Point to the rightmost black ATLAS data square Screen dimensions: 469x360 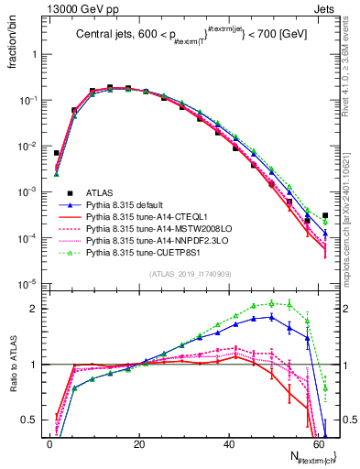point(325,216)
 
